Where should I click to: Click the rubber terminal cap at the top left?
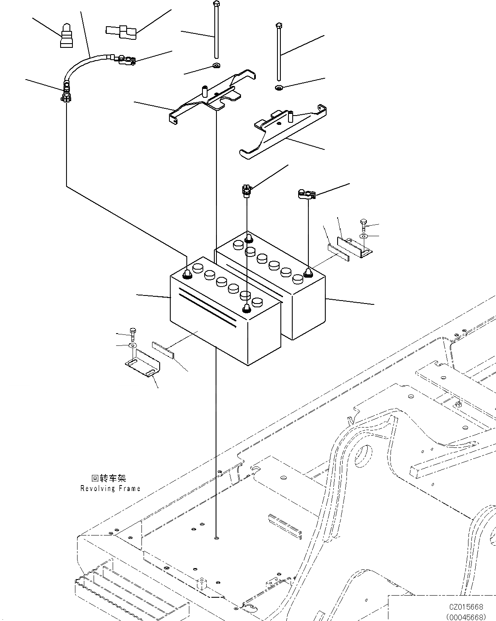pyautogui.click(x=67, y=36)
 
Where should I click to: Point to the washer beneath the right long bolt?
pyautogui.click(x=279, y=88)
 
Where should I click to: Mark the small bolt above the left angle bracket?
pyautogui.click(x=133, y=335)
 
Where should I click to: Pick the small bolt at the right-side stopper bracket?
pyautogui.click(x=363, y=224)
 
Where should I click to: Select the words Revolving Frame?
pyautogui.click(x=110, y=489)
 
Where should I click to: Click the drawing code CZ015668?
pyautogui.click(x=466, y=607)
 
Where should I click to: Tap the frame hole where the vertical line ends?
pyautogui.click(x=216, y=538)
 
